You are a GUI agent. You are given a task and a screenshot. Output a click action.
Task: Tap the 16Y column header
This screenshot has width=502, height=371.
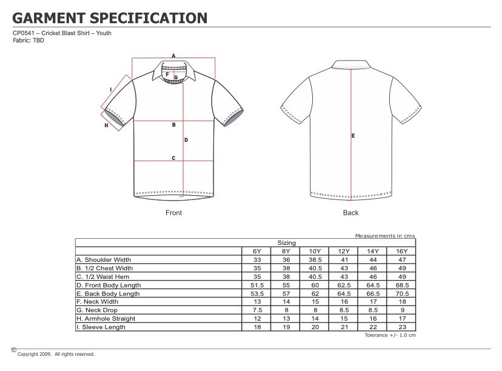tap(401, 251)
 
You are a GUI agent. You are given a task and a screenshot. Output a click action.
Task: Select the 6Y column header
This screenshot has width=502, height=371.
tap(256, 251)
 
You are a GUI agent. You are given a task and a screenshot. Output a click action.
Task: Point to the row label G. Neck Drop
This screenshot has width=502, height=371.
tap(97, 310)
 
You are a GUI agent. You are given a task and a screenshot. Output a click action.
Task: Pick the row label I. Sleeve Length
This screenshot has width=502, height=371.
tap(101, 327)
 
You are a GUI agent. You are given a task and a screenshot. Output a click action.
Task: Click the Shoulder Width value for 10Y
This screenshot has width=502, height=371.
tap(315, 259)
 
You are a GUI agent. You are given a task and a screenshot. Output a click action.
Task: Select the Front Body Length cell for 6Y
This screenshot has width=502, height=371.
tap(256, 285)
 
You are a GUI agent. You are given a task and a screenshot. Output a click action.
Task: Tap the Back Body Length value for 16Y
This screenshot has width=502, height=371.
tap(401, 293)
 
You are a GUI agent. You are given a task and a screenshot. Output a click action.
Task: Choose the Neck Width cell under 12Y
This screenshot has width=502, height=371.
tap(343, 302)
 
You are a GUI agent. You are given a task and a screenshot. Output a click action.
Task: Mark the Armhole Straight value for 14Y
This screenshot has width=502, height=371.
tap(372, 319)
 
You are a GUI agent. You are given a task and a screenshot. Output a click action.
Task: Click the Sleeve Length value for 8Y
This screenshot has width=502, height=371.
tap(286, 327)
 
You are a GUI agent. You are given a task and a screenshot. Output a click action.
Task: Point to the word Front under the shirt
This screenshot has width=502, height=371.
tap(173, 213)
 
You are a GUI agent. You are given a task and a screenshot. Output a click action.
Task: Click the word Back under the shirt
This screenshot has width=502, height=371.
tap(350, 213)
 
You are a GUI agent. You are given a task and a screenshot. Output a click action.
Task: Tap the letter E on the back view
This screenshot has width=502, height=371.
tap(353, 136)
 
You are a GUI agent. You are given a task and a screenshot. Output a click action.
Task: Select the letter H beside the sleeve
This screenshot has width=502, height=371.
tap(106, 125)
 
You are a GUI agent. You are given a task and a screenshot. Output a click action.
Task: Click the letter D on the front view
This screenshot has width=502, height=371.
tap(186, 140)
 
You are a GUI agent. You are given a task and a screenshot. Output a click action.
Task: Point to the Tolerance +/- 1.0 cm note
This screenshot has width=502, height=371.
tap(390, 335)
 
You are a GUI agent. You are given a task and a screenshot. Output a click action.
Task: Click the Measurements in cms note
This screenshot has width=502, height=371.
tap(385, 235)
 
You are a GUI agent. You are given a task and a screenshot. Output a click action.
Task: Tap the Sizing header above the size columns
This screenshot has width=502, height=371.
tap(287, 242)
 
